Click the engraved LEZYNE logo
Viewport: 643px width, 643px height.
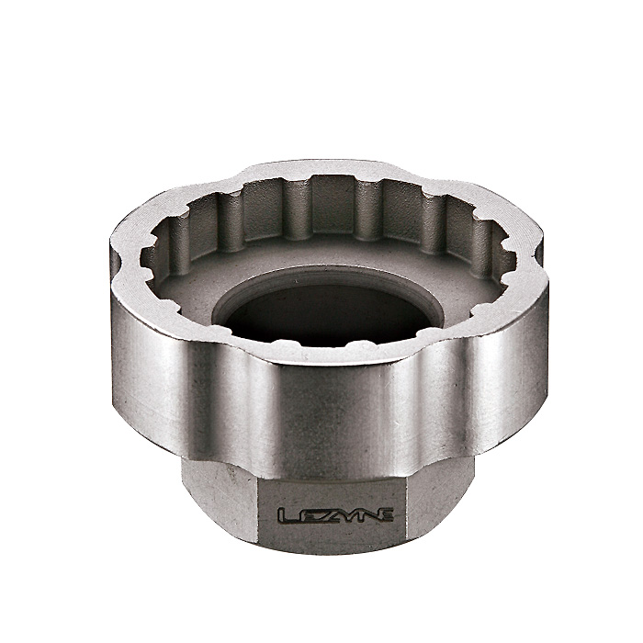[335, 515]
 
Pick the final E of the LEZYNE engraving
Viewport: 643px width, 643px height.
[384, 514]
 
